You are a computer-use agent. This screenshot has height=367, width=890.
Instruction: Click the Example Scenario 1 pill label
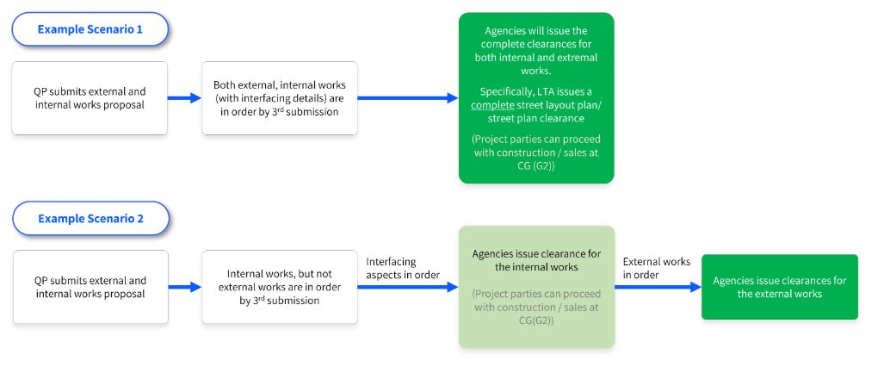90,28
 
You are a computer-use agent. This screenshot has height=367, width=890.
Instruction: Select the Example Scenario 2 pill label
90,219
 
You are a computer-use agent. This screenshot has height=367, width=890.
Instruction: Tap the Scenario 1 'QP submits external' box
90,97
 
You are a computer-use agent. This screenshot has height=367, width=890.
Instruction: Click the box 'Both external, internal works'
280,97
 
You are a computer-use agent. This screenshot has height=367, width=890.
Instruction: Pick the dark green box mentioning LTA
535,97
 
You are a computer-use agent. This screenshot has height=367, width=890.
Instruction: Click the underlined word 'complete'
488,104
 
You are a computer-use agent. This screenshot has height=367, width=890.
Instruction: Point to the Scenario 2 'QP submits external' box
90,287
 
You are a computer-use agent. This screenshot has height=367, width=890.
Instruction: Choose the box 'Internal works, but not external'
280,287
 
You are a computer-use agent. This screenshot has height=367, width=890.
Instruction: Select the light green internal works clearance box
535,287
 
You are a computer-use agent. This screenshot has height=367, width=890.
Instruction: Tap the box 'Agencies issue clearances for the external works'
779,287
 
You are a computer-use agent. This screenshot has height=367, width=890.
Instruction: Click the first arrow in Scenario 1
184,98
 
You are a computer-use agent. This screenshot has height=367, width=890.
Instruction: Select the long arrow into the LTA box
407,98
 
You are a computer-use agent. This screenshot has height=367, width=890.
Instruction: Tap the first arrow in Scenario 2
184,288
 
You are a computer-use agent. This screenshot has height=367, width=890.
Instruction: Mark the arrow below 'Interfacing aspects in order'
407,288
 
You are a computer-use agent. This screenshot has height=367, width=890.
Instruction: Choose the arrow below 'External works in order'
658,288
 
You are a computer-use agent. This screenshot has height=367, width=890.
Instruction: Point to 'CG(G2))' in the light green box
535,320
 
